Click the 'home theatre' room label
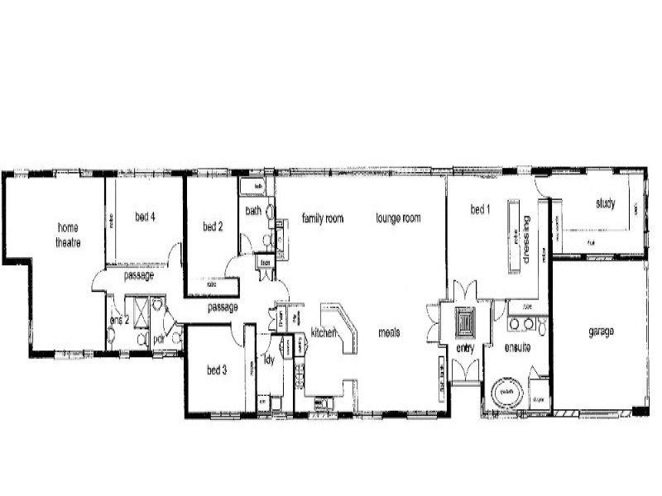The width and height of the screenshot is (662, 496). [69, 234]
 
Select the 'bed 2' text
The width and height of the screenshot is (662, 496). [213, 226]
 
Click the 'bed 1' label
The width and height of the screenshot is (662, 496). [481, 210]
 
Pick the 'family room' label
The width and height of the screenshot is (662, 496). [322, 218]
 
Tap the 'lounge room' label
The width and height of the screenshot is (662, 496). [398, 218]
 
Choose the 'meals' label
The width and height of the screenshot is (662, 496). [389, 332]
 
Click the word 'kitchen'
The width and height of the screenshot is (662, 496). [323, 332]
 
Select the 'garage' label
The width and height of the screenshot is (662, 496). [601, 331]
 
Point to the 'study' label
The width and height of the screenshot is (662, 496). [605, 203]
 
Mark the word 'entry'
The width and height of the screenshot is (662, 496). [463, 350]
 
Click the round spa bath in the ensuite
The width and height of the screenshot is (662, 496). [504, 393]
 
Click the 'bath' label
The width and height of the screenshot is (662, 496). [253, 211]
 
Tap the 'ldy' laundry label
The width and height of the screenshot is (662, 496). [269, 360]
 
